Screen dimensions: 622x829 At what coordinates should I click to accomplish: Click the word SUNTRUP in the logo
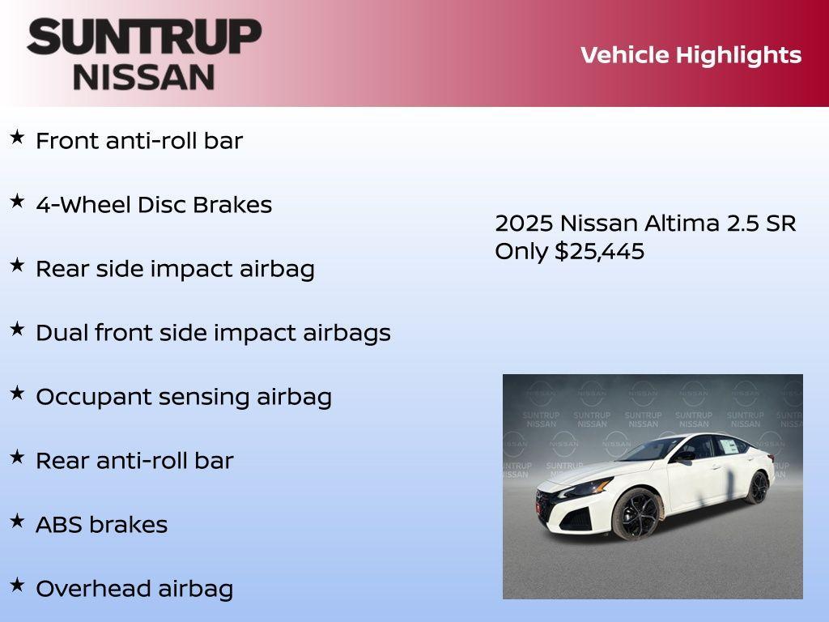point(144,37)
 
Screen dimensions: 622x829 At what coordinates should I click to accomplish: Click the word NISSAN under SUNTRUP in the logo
point(144,76)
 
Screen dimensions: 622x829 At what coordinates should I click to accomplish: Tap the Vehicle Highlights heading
point(691,55)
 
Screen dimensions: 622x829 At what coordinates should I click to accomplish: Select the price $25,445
point(599,251)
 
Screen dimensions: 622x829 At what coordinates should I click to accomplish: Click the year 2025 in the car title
point(524,224)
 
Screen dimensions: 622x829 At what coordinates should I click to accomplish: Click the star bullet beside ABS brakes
point(17,522)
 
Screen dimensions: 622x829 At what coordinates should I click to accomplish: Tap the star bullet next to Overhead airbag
point(17,585)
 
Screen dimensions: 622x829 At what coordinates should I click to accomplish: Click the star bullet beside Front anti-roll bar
point(17,137)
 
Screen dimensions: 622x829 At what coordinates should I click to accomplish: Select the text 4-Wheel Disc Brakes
point(154,205)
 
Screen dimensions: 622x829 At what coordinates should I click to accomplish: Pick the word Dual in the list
point(62,333)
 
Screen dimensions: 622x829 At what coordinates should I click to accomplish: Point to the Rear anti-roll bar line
point(134,461)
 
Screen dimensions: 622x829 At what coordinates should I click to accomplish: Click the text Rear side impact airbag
point(175,269)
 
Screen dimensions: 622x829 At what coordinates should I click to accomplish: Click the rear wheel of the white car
point(758,487)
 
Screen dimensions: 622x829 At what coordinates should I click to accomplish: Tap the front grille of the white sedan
point(547,505)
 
